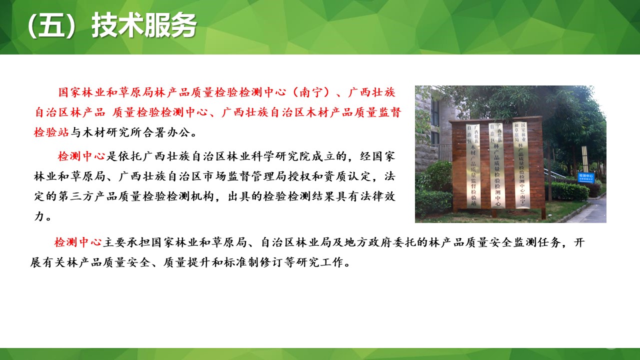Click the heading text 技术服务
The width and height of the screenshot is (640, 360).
[x=144, y=26]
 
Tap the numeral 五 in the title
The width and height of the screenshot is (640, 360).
[x=51, y=26]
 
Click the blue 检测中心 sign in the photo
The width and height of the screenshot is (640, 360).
[x=585, y=177]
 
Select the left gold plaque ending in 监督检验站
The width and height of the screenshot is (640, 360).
[x=473, y=165]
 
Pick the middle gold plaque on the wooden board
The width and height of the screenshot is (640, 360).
[x=496, y=165]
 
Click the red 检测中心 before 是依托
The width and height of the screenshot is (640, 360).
[x=81, y=156]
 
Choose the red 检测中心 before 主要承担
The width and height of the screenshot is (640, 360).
[x=78, y=243]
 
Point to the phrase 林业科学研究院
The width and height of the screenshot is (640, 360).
[x=273, y=156]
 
